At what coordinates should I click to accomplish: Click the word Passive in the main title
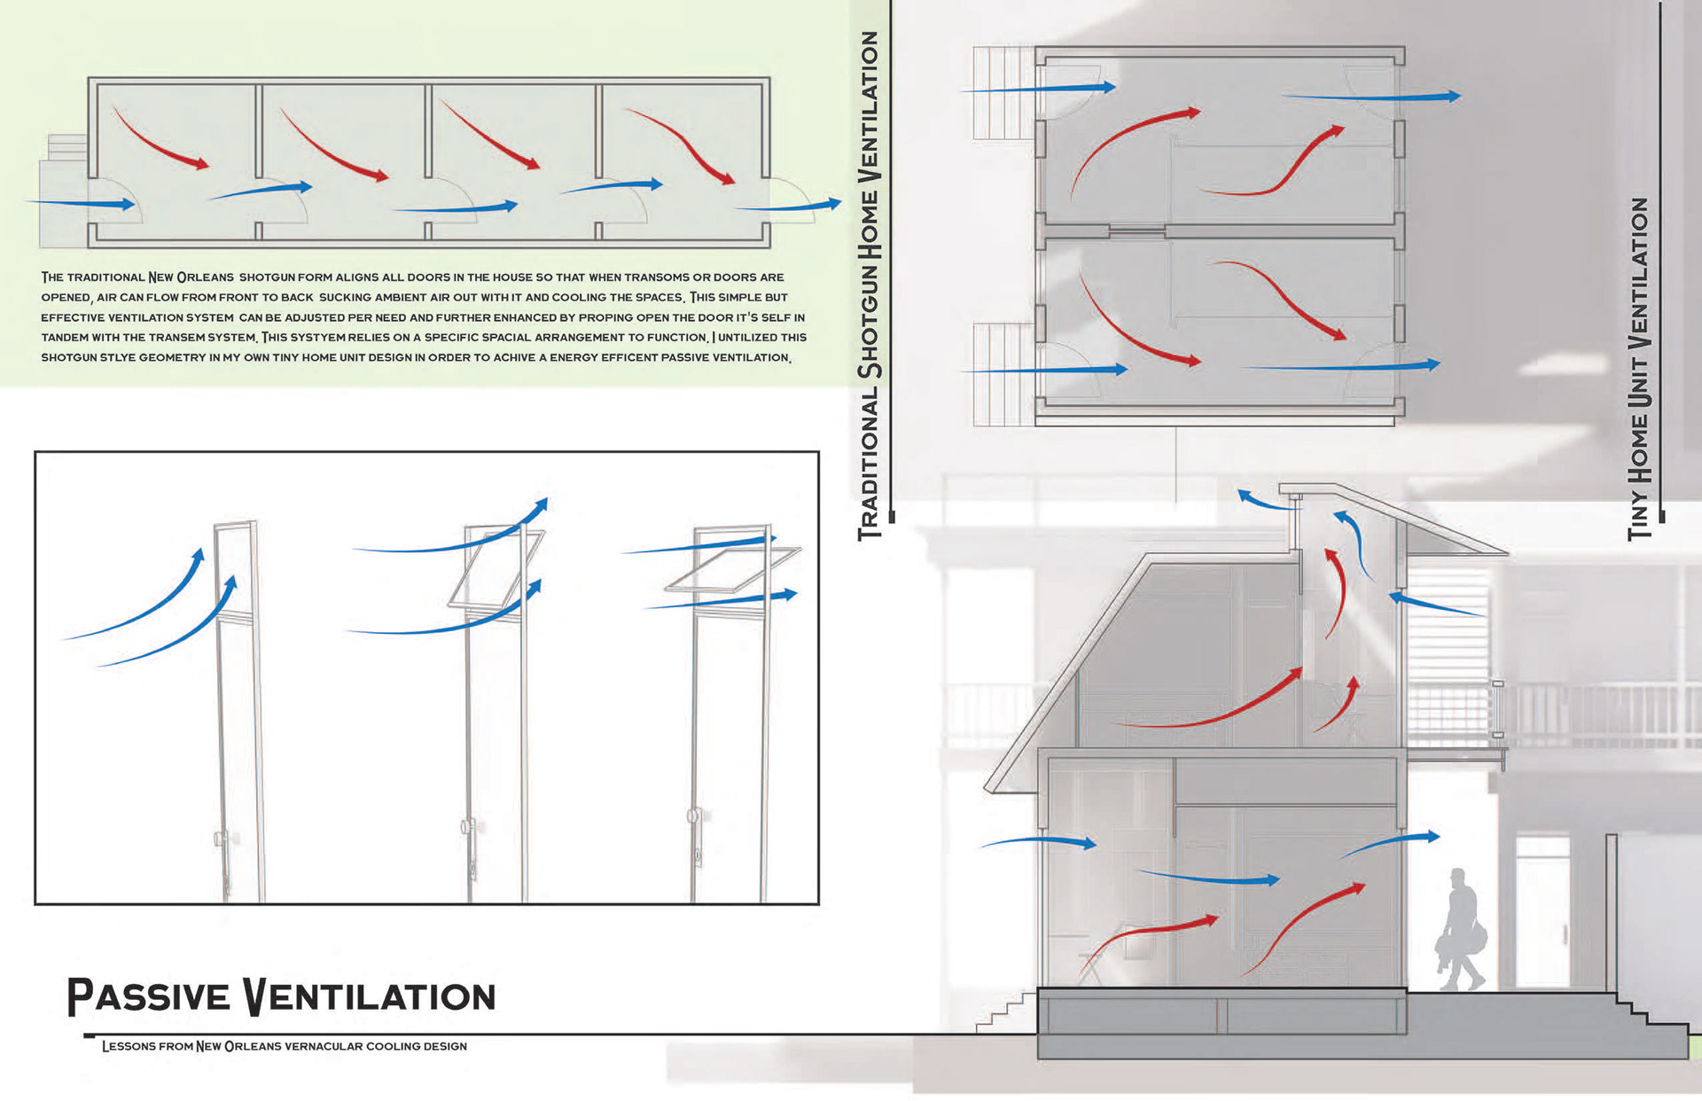[148, 996]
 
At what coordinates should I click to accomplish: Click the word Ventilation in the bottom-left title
[370, 996]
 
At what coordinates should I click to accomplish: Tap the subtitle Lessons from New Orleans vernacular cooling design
[284, 1046]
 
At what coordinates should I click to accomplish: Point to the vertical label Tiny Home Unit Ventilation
[1639, 368]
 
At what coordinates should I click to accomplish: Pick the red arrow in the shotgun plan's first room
[160, 139]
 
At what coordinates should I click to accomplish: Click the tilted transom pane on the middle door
[496, 568]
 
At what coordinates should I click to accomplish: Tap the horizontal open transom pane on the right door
[732, 569]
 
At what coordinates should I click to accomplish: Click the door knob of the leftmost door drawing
[220, 839]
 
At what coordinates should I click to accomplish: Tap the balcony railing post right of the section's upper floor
[1498, 709]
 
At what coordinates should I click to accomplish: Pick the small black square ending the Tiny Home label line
[1662, 516]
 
